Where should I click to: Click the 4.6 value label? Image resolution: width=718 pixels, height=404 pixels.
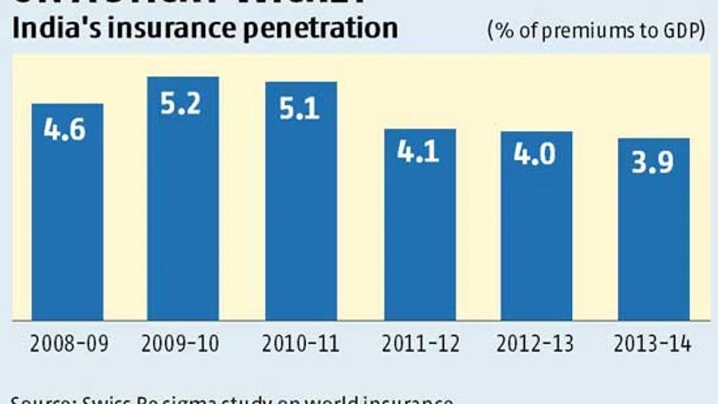[x=67, y=133]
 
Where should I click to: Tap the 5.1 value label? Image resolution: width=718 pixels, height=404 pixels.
[x=301, y=110]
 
